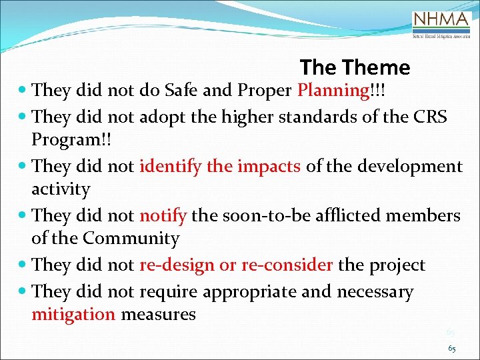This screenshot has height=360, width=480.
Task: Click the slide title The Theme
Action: [x=355, y=67]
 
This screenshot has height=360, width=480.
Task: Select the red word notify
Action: [x=164, y=215]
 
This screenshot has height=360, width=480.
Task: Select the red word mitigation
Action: [x=73, y=315]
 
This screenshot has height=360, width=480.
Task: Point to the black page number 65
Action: [x=451, y=349]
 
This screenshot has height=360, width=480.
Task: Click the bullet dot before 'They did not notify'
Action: [x=23, y=216]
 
